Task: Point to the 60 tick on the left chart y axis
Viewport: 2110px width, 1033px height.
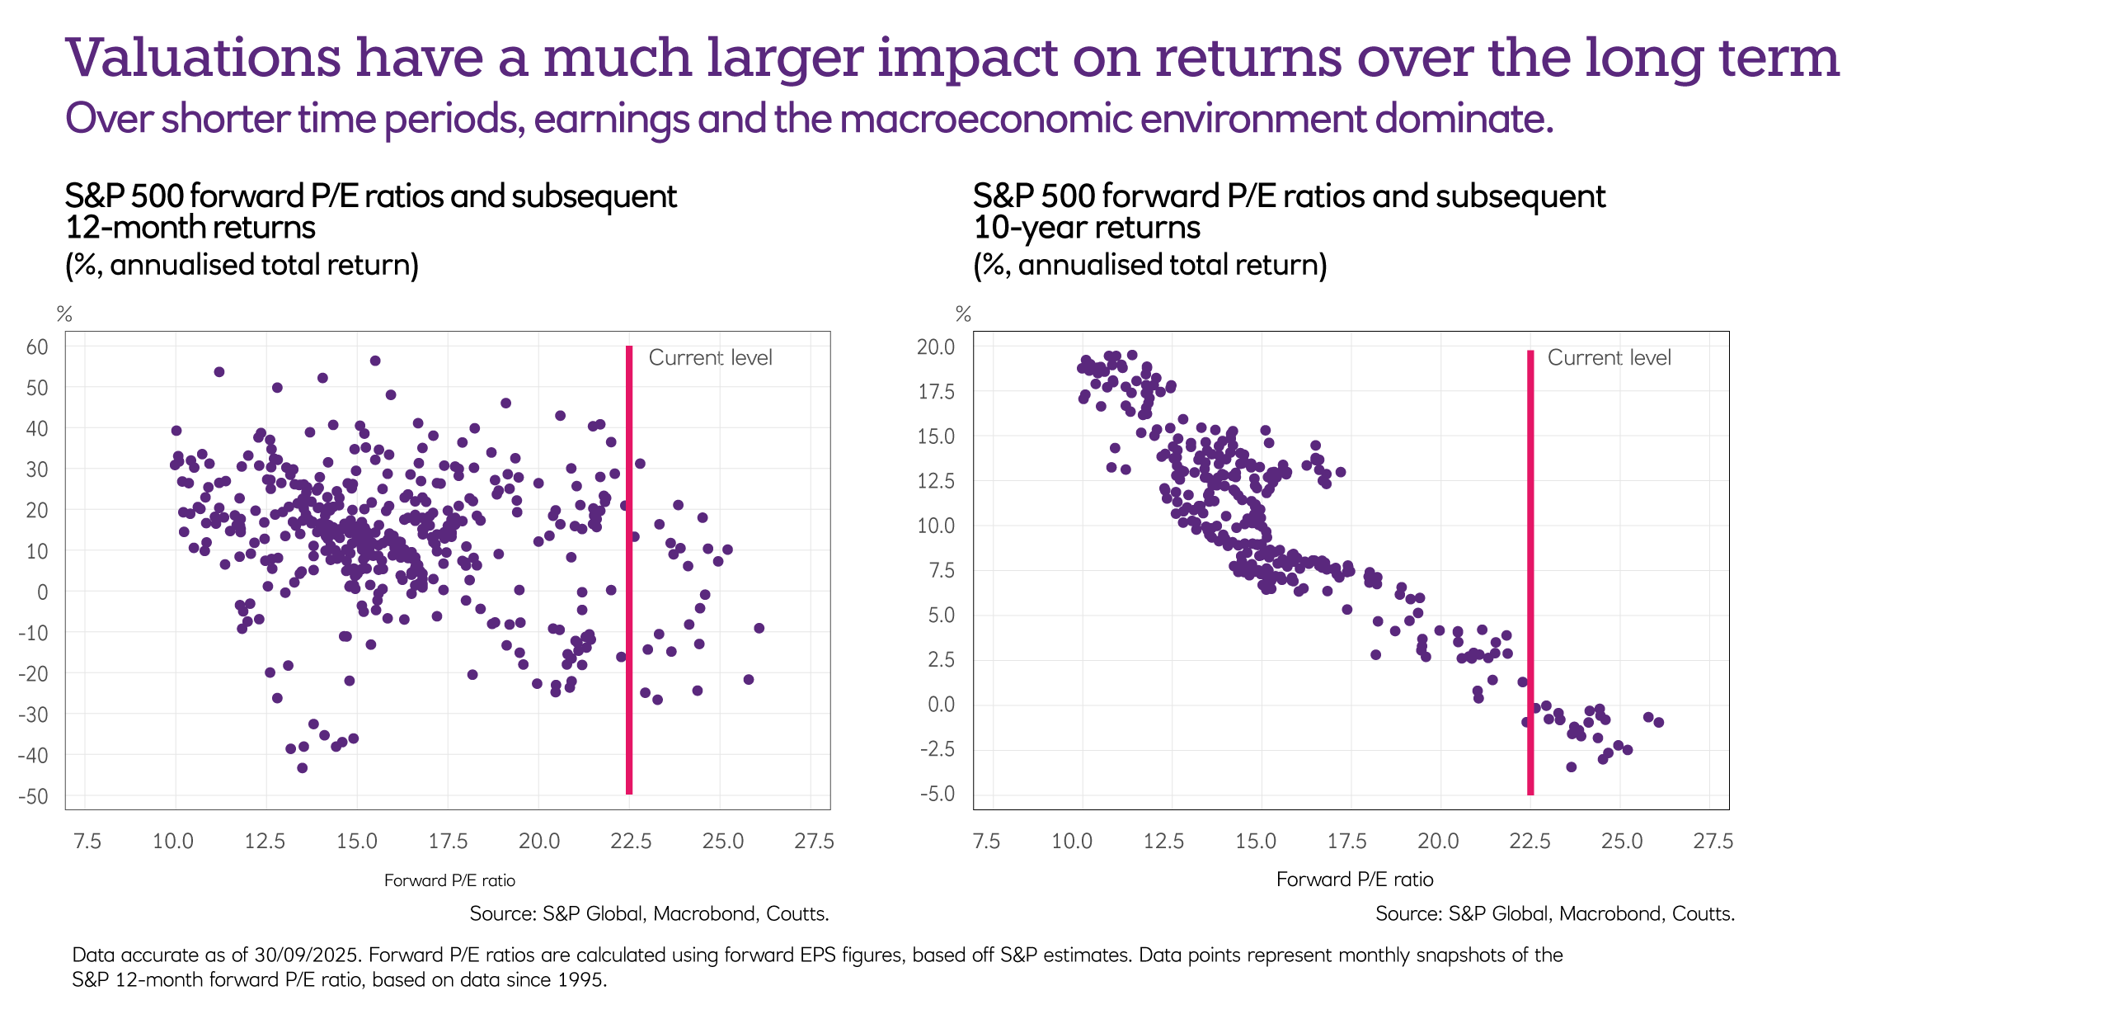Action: click(37, 347)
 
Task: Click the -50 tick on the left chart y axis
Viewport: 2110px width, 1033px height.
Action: click(33, 796)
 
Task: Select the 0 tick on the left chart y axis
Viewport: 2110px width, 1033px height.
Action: click(42, 592)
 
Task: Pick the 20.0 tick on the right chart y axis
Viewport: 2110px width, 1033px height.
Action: click(936, 347)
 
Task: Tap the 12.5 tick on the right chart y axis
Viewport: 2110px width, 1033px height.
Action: click(936, 481)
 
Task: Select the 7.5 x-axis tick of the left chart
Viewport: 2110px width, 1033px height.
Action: click(87, 841)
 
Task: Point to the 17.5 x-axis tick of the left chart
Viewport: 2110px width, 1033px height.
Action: click(448, 841)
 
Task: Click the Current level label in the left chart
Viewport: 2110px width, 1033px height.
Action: click(710, 357)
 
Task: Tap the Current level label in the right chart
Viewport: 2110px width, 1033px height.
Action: click(1609, 357)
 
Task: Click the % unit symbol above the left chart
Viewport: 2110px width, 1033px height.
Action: click(64, 314)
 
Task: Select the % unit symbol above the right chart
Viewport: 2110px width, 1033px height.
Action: click(963, 314)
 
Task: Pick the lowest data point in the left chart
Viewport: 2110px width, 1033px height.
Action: click(302, 768)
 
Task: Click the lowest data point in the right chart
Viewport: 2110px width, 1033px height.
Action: click(1571, 767)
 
